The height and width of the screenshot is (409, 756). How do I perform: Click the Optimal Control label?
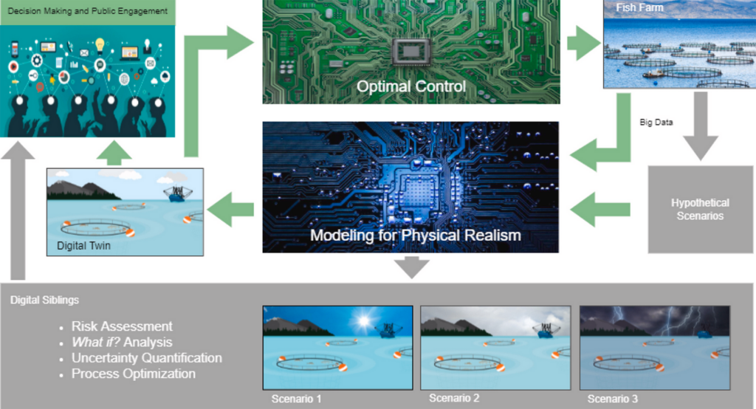pyautogui.click(x=410, y=87)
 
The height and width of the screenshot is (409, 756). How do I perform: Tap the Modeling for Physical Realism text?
pyautogui.click(x=415, y=236)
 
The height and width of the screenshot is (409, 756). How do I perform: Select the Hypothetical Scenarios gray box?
pyautogui.click(x=700, y=209)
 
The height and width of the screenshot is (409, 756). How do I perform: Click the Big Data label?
pyautogui.click(x=656, y=122)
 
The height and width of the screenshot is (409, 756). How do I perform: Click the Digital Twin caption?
pyautogui.click(x=83, y=245)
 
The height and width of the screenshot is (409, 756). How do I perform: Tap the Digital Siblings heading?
pyautogui.click(x=44, y=300)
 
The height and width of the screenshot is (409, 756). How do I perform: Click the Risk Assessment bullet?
pyautogui.click(x=122, y=326)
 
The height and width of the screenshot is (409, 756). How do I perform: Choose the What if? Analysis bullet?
pyautogui.click(x=121, y=342)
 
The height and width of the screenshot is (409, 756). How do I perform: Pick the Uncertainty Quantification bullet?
pyautogui.click(x=146, y=358)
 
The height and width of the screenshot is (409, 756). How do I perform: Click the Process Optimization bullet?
pyautogui.click(x=133, y=374)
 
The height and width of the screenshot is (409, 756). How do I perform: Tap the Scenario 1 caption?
pyautogui.click(x=296, y=399)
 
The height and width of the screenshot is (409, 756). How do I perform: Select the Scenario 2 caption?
pyautogui.click(x=454, y=399)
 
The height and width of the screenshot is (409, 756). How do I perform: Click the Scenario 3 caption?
pyautogui.click(x=613, y=399)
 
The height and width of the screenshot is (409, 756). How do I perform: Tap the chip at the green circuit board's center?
pyautogui.click(x=410, y=52)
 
